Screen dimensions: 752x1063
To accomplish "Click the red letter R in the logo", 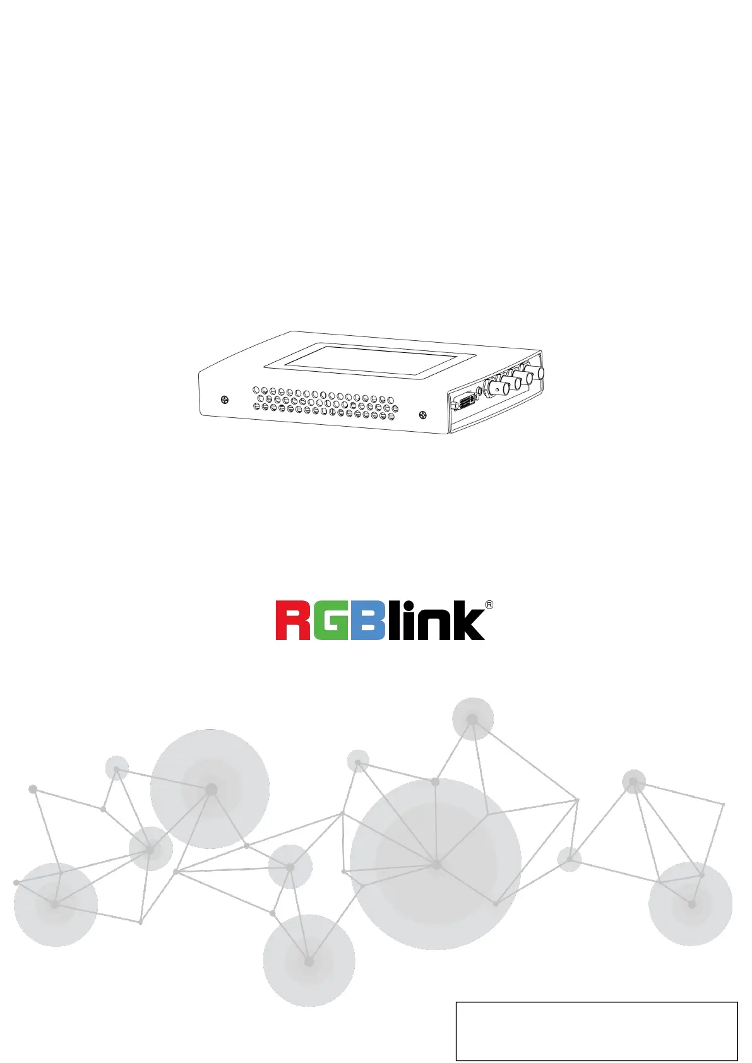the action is tap(292, 621).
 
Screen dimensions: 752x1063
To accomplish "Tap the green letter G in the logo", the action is tap(330, 621).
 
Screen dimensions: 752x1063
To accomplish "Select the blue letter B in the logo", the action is tap(367, 621).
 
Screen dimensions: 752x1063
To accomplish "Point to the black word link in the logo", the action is tap(436, 621).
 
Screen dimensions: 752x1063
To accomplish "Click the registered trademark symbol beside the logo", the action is tap(489, 605).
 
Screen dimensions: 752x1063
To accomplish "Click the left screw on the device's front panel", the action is tap(225, 400).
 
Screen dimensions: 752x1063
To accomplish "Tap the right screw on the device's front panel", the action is tap(422, 415).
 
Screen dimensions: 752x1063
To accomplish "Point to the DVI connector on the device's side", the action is tap(463, 403).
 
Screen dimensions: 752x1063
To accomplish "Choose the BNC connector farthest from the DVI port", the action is tap(537, 374).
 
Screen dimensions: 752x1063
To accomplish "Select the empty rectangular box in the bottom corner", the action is tap(596, 1030).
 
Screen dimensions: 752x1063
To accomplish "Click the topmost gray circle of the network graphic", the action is tap(472, 719).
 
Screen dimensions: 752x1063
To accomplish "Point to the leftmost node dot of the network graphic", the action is tap(16, 882).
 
